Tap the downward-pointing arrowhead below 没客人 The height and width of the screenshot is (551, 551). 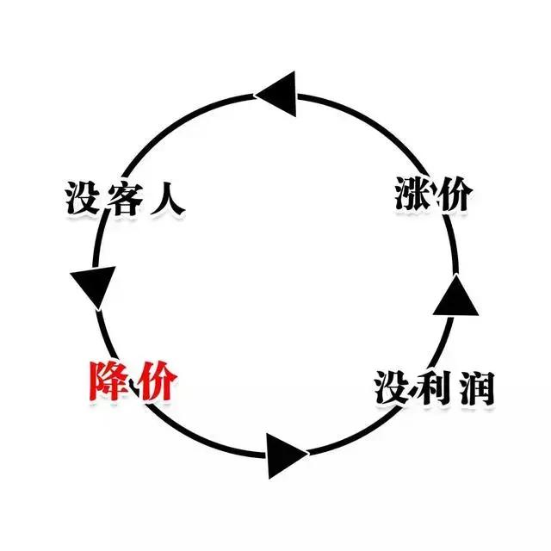pyautogui.click(x=92, y=287)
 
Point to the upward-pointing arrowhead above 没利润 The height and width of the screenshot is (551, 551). pyautogui.click(x=455, y=298)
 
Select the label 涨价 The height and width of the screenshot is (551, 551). pyautogui.click(x=431, y=194)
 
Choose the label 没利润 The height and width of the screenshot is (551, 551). pyautogui.click(x=434, y=388)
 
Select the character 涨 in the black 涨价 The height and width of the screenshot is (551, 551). pyautogui.click(x=411, y=194)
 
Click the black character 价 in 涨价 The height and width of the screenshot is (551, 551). pyautogui.click(x=452, y=194)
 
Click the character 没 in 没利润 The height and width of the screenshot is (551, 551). pyautogui.click(x=393, y=388)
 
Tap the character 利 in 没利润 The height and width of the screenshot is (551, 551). pyautogui.click(x=433, y=388)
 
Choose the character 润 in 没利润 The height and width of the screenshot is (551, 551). pyautogui.click(x=474, y=388)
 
